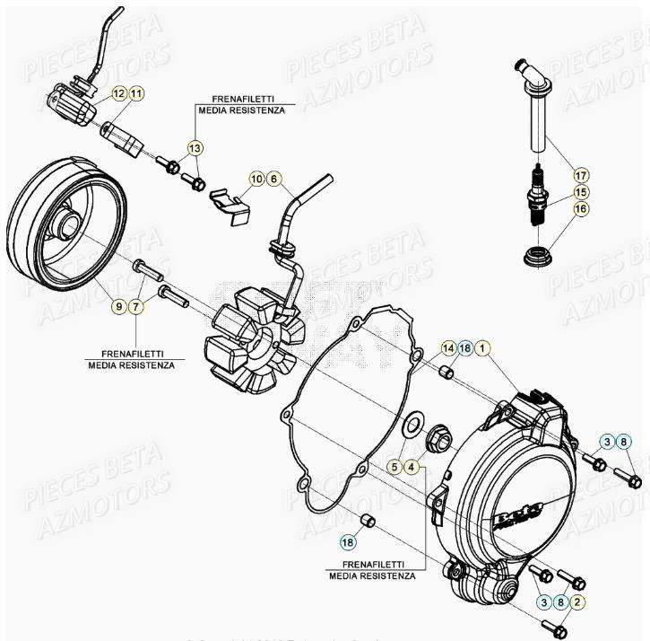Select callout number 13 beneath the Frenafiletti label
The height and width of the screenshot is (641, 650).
tap(195, 147)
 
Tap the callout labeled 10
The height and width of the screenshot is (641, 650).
tap(256, 179)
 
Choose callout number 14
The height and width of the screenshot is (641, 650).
tap(447, 347)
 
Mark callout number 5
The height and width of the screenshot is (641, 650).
tap(394, 466)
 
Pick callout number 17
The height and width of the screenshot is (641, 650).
tap(580, 174)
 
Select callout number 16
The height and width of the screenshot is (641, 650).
tap(580, 208)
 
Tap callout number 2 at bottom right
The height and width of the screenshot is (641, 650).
tap(578, 602)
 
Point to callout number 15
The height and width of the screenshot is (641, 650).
tap(580, 191)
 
